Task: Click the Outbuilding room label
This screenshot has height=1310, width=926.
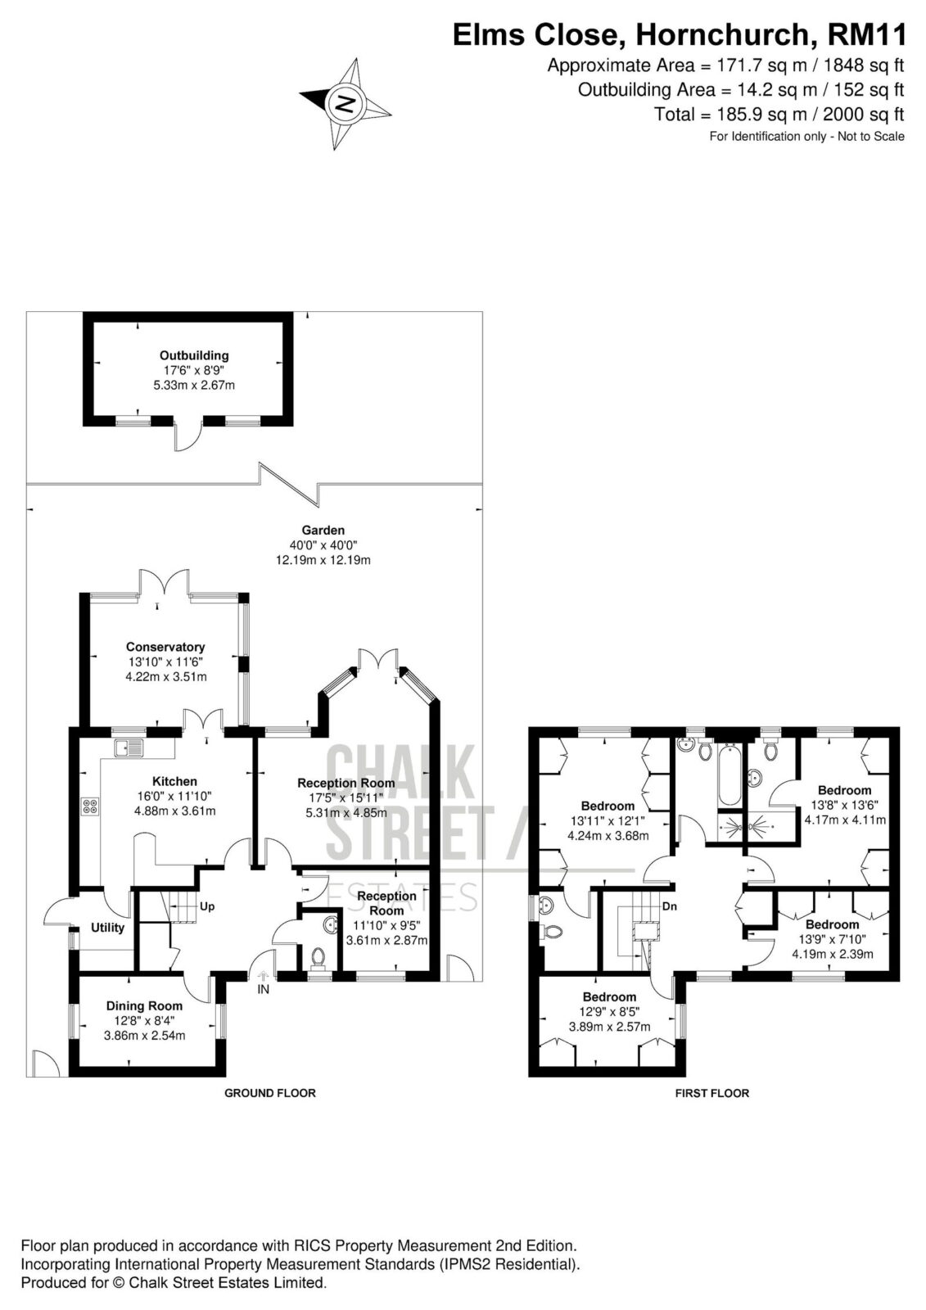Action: (x=194, y=355)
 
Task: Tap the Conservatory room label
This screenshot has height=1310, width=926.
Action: (x=165, y=647)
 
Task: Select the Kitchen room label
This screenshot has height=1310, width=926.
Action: (x=174, y=781)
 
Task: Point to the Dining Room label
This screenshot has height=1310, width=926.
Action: (x=144, y=1006)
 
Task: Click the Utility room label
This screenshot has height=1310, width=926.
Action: (x=107, y=928)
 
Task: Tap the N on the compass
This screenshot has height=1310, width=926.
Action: (x=346, y=104)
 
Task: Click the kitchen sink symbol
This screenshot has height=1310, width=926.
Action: (x=129, y=748)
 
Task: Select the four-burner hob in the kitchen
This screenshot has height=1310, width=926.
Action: (x=91, y=806)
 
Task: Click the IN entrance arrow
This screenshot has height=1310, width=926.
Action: (x=264, y=975)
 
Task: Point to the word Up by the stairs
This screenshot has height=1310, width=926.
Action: (x=207, y=906)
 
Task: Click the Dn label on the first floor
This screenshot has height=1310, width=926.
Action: (x=670, y=906)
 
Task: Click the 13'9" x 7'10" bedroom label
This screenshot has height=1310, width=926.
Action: (x=833, y=939)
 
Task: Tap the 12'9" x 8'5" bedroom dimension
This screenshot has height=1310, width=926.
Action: (x=609, y=1012)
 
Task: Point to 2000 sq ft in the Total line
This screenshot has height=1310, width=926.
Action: (x=864, y=114)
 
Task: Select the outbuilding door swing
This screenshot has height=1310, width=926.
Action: (x=188, y=437)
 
